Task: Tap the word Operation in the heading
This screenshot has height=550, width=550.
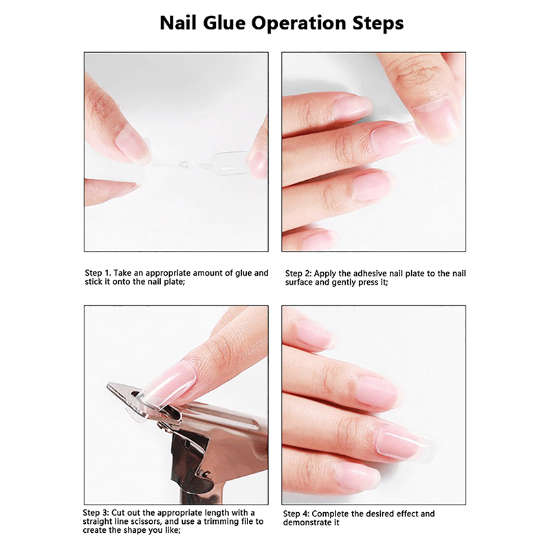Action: pos(299,24)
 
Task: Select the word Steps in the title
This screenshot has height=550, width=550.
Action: pos(377,24)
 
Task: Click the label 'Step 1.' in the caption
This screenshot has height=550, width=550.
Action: pos(98,273)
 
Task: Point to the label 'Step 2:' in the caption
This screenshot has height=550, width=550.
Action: pos(298,274)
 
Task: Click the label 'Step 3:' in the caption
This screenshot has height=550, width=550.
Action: pos(96,513)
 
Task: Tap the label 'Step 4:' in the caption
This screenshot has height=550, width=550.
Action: pos(296,514)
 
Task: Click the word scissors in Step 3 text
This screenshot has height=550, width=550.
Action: pos(145,522)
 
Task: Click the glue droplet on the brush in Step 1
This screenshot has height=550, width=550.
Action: pos(183,163)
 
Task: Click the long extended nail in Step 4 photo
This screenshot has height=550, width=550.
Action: pos(407,442)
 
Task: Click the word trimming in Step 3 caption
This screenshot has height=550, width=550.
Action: pos(222,522)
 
